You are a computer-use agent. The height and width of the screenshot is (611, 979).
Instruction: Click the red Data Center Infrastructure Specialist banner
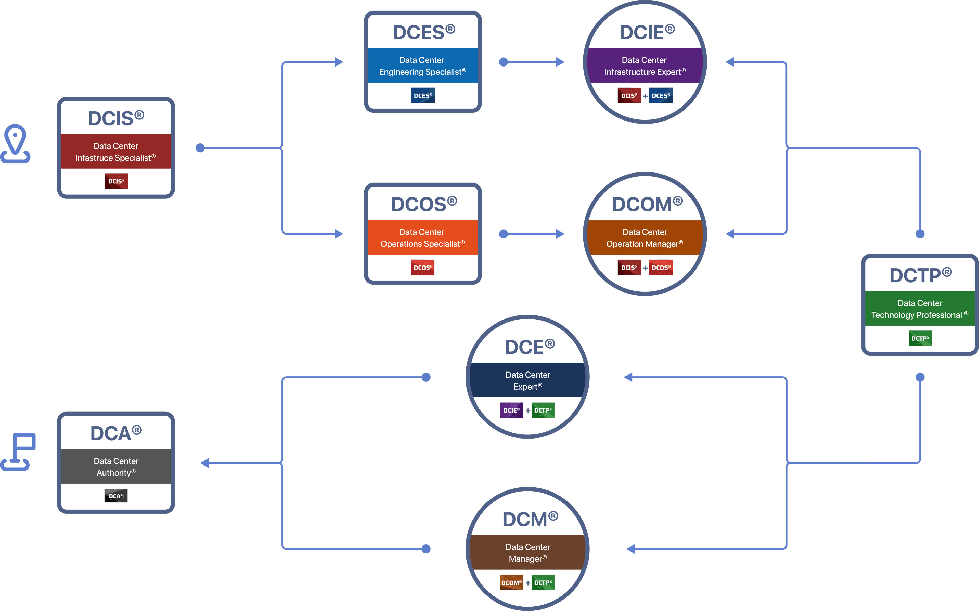(x=115, y=152)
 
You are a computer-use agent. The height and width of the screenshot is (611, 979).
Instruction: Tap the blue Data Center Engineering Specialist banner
(x=422, y=65)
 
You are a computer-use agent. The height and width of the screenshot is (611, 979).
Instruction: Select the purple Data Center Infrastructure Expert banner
(x=645, y=65)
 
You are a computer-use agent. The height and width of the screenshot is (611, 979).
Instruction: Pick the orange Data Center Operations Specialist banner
(x=422, y=238)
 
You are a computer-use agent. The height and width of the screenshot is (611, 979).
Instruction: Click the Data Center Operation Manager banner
(x=645, y=238)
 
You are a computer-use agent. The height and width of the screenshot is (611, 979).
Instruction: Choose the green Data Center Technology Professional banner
(x=920, y=309)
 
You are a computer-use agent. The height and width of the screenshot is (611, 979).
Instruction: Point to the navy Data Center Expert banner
(x=527, y=380)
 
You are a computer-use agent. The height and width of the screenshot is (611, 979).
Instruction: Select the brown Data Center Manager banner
(x=527, y=552)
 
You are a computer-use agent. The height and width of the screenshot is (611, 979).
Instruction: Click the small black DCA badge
(x=116, y=496)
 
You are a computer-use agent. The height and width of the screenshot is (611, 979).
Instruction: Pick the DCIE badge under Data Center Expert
(x=511, y=410)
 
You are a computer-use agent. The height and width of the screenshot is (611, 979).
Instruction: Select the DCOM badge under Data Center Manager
(x=511, y=582)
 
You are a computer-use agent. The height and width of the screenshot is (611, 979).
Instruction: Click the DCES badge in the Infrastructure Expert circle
(x=661, y=95)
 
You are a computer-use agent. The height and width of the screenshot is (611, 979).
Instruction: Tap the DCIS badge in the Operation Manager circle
(x=629, y=268)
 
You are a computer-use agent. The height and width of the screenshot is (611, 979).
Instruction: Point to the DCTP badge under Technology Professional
(x=920, y=338)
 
